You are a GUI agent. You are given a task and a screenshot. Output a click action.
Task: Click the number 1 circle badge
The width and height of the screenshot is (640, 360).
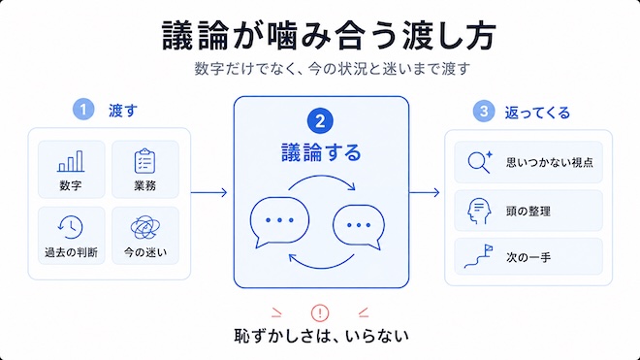(x=83, y=110)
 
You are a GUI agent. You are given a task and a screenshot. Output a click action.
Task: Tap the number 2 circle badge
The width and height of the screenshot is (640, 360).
(x=320, y=121)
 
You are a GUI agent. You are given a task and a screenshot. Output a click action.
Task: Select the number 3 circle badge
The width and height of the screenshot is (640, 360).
(x=484, y=112)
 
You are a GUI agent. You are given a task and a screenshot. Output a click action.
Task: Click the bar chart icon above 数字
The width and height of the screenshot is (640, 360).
(x=71, y=161)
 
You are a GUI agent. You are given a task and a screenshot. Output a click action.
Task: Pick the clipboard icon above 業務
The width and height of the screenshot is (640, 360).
(x=144, y=161)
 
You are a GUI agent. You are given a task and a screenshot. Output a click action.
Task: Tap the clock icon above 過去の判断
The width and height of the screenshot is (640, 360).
(x=70, y=227)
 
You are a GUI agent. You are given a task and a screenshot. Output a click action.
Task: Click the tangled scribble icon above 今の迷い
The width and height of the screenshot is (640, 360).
(x=145, y=227)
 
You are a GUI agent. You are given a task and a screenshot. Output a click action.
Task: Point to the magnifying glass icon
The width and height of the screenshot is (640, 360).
(x=480, y=162)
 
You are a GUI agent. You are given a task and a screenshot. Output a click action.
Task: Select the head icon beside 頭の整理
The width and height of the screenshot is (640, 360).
(x=479, y=211)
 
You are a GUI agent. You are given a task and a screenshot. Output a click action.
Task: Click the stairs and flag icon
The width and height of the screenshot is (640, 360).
(x=478, y=256)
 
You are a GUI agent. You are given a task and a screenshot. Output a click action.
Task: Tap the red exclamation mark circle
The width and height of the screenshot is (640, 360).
(x=320, y=313)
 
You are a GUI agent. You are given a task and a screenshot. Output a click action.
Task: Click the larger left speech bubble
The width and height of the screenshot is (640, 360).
(x=279, y=221)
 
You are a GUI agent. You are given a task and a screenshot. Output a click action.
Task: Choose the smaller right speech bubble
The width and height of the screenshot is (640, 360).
(x=359, y=226)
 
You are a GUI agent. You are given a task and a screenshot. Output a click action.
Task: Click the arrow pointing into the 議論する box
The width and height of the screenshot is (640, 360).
(x=208, y=192)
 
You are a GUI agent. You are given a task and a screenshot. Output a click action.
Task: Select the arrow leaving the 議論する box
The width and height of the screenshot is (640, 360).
(x=425, y=192)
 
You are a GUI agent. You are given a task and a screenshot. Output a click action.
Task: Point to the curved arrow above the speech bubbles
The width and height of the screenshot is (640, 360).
(x=323, y=177)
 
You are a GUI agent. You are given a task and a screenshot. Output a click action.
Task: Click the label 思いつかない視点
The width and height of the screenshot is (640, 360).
(x=550, y=162)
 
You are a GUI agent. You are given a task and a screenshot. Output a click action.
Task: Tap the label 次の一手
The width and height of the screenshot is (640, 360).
(x=528, y=257)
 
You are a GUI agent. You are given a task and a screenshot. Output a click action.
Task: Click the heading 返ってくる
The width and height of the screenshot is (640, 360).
(x=537, y=113)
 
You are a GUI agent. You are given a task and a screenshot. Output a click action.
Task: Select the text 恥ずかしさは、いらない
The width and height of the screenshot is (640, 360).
(x=321, y=336)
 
